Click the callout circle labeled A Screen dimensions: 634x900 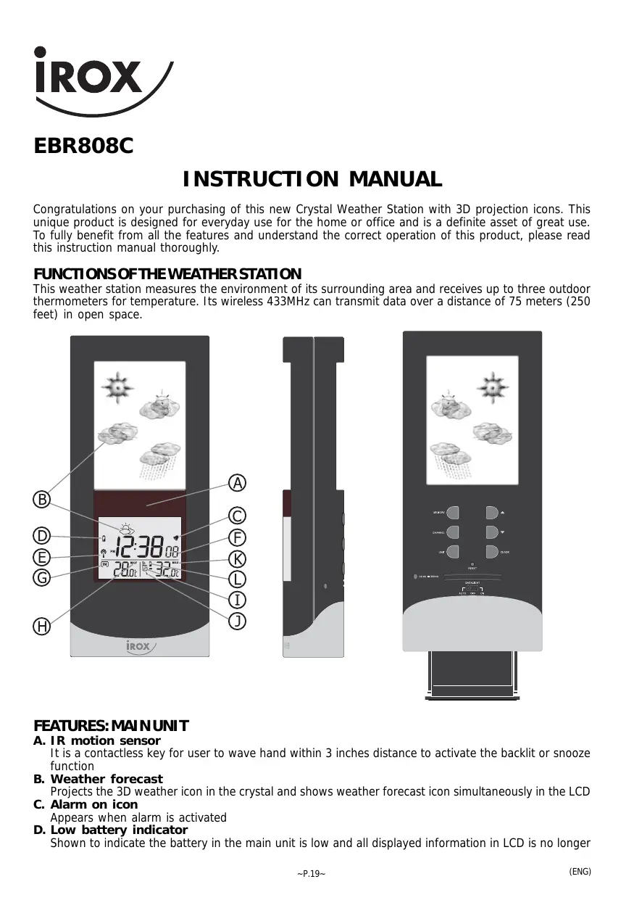(237, 482)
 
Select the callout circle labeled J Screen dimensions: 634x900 (237, 620)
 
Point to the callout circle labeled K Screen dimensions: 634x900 (237, 558)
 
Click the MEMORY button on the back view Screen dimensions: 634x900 (454, 512)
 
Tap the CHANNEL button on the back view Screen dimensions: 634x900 (454, 532)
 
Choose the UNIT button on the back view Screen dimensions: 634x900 (454, 552)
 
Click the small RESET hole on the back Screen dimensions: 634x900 (472, 564)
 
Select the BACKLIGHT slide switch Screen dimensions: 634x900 (472, 588)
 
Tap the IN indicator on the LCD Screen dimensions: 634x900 (104, 564)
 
